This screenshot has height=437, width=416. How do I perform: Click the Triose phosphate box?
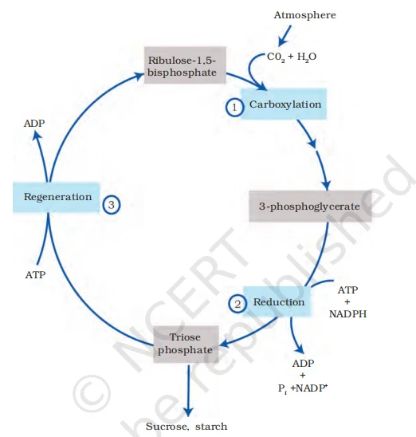pyautogui.click(x=185, y=344)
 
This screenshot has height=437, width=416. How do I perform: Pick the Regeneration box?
pyautogui.click(x=57, y=196)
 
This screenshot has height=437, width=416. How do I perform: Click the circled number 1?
pyautogui.click(x=234, y=106)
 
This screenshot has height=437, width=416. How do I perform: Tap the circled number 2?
pyautogui.click(x=237, y=303)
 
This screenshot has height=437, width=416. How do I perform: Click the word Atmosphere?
pyautogui.click(x=304, y=15)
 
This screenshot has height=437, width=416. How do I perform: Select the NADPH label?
pyautogui.click(x=347, y=315)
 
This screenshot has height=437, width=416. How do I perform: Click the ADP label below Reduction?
pyautogui.click(x=304, y=362)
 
